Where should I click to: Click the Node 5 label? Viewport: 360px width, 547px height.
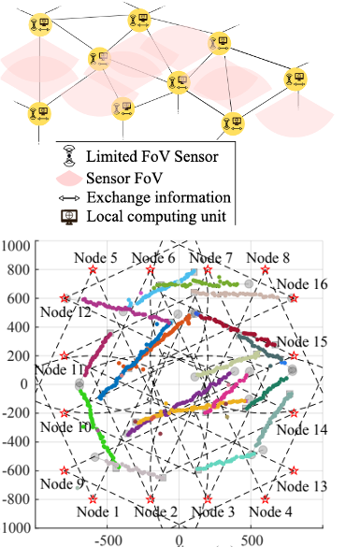99,258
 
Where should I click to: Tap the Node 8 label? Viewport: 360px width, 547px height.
269,258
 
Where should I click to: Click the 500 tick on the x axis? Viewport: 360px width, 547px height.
251,540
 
